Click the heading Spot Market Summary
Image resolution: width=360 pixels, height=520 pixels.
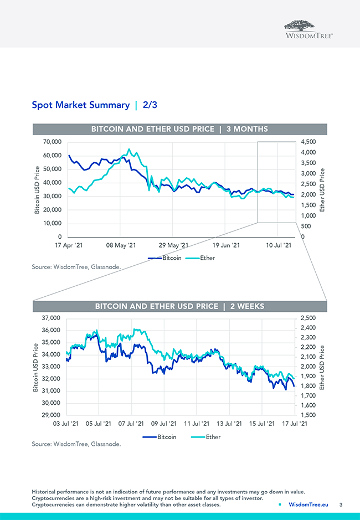click(80, 104)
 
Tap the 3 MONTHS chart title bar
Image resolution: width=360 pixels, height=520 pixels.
click(179, 129)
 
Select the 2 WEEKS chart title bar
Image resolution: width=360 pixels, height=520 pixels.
click(179, 306)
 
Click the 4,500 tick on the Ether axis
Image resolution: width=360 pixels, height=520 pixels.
click(308, 142)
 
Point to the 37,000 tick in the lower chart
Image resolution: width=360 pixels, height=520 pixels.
click(53, 318)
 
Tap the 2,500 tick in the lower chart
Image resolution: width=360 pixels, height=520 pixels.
click(307, 318)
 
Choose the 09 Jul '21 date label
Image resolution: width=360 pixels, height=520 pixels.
click(164, 424)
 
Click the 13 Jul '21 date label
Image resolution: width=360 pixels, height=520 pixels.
click(229, 424)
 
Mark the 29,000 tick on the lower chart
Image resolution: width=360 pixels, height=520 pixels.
click(53, 415)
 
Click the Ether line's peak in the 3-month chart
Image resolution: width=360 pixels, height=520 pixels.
click(129, 149)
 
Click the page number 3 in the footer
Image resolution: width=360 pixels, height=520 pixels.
click(341, 504)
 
